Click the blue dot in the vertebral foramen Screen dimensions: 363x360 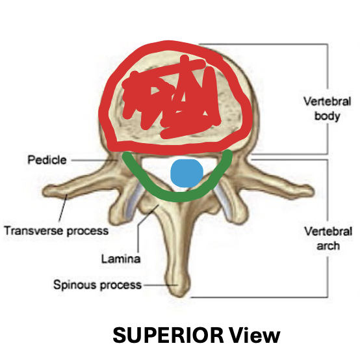(x=186, y=172)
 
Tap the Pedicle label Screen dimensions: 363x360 (x=47, y=159)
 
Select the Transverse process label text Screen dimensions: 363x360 (x=56, y=230)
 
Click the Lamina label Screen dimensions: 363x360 (x=120, y=259)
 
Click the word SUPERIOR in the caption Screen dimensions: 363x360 (x=168, y=336)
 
